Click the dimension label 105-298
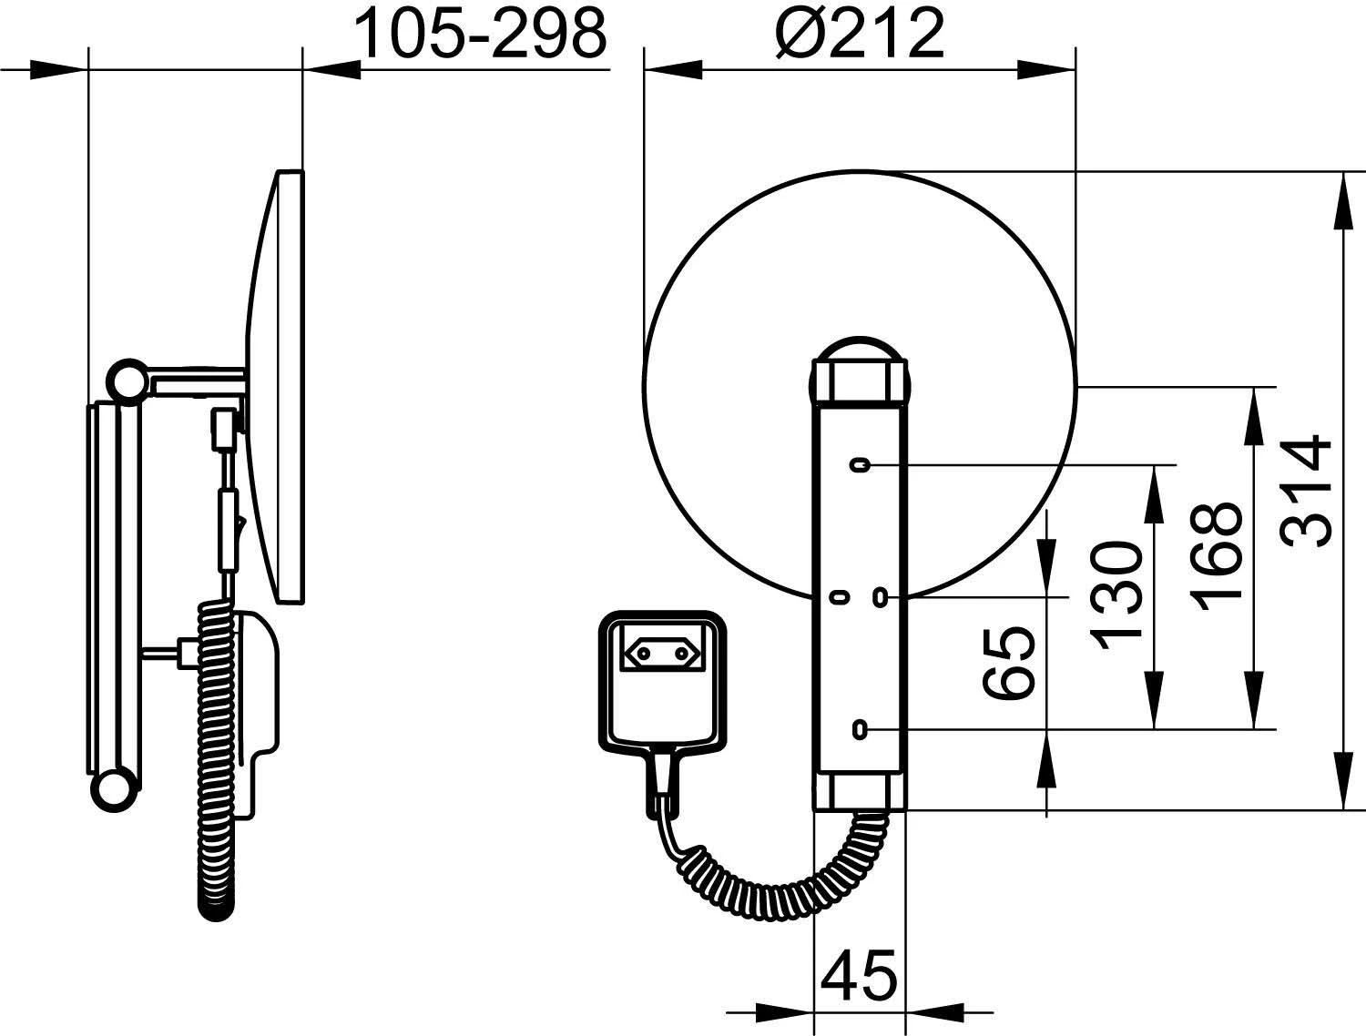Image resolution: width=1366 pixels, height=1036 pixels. tap(481, 34)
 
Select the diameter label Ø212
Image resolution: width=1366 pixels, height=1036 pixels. tap(861, 34)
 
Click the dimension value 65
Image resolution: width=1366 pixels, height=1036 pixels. tap(1009, 664)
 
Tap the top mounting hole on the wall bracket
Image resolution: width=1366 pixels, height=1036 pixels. tap(860, 464)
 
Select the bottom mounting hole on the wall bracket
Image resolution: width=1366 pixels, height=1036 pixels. tap(860, 729)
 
